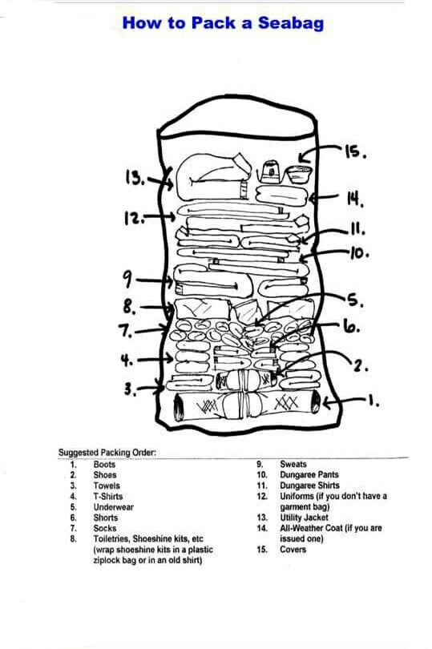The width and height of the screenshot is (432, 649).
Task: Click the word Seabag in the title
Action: pos(291,23)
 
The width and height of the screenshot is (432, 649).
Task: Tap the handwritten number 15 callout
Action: pos(355,152)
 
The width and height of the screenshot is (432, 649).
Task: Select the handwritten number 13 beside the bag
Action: pos(135,178)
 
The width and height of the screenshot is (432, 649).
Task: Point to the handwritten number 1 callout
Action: pos(373,401)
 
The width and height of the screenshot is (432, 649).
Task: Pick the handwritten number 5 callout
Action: pos(355,300)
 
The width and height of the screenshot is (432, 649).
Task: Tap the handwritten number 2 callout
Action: pos(361,366)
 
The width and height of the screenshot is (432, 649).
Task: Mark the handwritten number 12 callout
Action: pos(135,218)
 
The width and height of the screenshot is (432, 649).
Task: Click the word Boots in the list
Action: pos(104,465)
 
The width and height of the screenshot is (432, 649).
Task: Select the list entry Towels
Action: pos(107,486)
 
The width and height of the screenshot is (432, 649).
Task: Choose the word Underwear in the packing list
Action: pos(114,507)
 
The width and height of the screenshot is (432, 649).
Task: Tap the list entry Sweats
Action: pos(293,465)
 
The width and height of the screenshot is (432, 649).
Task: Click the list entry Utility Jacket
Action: pos(304,518)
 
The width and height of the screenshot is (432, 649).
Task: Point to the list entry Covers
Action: pos(293,550)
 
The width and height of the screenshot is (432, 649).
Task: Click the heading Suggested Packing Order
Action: pos(107,453)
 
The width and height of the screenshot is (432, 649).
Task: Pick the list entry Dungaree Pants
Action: pos(309,475)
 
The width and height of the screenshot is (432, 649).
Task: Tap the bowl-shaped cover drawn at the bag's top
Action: pos(300,174)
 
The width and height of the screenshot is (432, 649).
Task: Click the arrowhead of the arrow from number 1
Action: pos(326,403)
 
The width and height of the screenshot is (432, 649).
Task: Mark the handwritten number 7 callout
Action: pos(126,331)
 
